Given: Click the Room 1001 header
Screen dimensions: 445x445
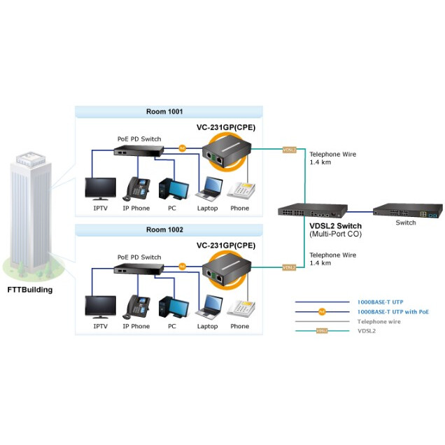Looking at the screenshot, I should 169,111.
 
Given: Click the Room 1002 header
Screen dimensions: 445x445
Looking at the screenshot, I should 169,229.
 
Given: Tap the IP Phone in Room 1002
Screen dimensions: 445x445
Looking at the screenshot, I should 136,306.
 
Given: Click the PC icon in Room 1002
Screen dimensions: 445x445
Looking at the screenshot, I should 172,307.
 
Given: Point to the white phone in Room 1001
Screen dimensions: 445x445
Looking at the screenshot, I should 239,190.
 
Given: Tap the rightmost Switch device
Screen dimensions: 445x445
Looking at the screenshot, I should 407,209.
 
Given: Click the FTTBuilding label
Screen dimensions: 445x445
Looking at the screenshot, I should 29,289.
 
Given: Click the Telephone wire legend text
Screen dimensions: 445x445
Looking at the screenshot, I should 379,320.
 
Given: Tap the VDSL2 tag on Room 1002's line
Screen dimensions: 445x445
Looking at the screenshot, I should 288,267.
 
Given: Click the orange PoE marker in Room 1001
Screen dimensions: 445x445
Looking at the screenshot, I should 183,148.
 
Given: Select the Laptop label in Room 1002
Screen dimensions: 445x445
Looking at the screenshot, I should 207,326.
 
